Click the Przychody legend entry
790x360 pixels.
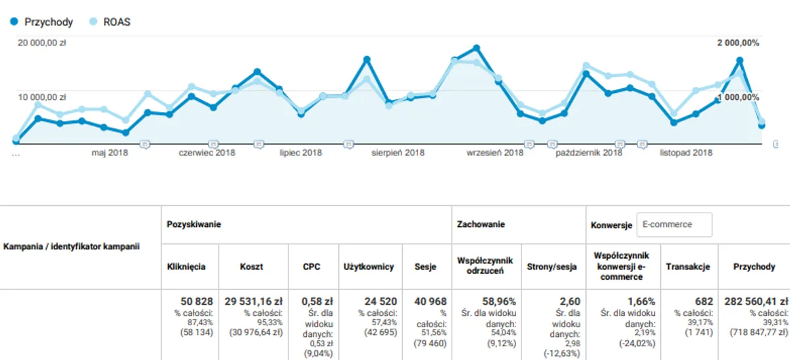coord(41,22)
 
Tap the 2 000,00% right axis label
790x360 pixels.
coord(738,43)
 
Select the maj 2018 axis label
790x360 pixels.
coord(109,153)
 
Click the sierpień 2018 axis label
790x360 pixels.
coord(398,153)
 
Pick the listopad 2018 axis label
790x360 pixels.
coord(686,153)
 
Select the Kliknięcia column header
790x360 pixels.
coord(186,267)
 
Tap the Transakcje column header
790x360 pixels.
coord(687,267)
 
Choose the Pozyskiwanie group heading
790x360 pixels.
coord(194,224)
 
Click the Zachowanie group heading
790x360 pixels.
coord(481,224)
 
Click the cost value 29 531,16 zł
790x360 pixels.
coord(252,301)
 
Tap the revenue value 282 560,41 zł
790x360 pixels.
coord(754,301)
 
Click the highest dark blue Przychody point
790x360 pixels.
coord(476,48)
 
